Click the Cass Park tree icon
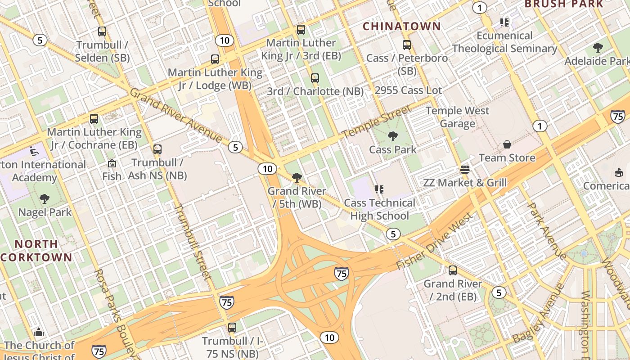tap(393, 136)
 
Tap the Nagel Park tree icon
tap(45, 198)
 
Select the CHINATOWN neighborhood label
tap(402, 27)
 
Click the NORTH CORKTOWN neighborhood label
tap(36, 251)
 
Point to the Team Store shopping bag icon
tap(507, 144)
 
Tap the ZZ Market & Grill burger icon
tap(465, 170)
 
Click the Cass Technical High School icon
tap(379, 189)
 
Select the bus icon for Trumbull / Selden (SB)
tap(102, 31)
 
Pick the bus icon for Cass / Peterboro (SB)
tap(407, 45)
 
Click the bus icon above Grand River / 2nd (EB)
tap(453, 270)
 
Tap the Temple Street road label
tap(377, 122)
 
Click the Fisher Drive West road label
tap(435, 242)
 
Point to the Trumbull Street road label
tap(192, 242)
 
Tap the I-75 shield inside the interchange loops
tap(342, 273)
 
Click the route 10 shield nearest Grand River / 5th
tap(267, 169)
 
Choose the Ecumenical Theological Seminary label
tap(504, 42)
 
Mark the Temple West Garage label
tap(457, 117)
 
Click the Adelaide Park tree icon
tap(598, 47)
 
